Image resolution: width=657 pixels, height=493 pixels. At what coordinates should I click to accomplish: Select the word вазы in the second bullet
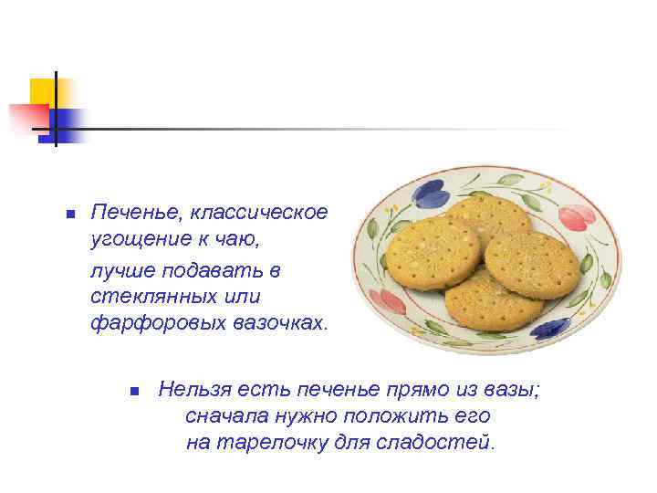tap(516, 391)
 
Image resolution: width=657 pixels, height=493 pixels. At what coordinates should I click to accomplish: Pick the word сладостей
tap(446, 444)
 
